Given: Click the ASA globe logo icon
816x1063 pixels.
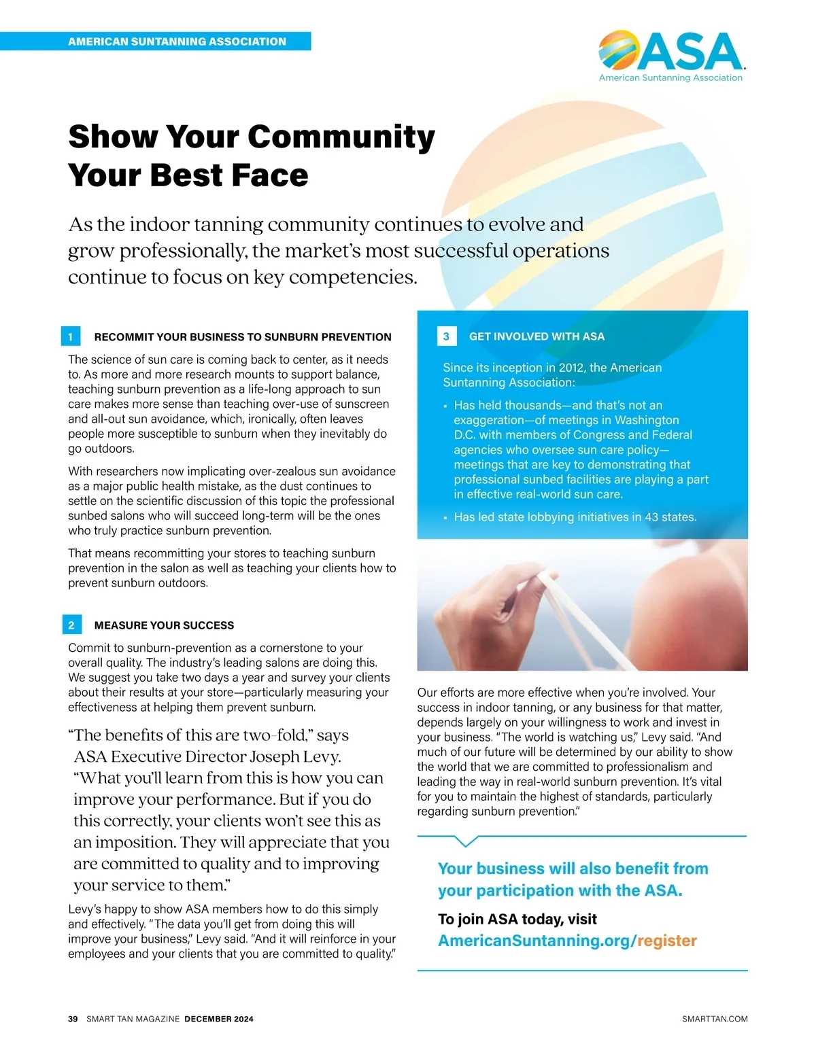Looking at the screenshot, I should [618, 50].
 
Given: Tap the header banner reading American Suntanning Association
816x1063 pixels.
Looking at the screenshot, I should [177, 41].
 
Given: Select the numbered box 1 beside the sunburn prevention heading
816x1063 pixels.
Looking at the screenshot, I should [71, 336].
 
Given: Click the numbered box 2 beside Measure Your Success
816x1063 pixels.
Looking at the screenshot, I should [71, 625].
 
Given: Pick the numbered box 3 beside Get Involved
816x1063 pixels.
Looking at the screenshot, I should [446, 336].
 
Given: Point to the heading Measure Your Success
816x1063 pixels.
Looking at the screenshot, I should [164, 625].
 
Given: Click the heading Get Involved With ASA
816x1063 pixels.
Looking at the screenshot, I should [537, 336].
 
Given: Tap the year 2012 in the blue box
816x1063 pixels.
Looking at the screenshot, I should [572, 368].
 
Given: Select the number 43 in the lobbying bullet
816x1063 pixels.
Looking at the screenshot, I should [651, 517].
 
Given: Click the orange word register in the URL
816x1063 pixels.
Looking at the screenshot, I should [667, 941].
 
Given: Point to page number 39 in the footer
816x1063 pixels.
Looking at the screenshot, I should [73, 1019].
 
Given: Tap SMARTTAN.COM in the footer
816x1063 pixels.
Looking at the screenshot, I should [715, 1019].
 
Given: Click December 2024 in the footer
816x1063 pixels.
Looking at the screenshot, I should [219, 1019].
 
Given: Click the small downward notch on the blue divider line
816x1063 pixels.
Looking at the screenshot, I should [465, 841].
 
